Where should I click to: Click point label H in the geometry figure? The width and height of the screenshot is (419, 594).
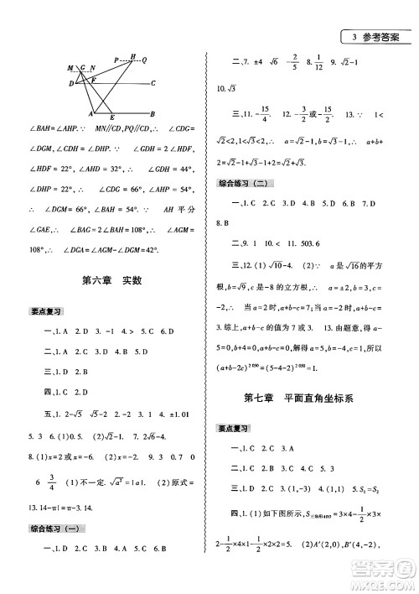(x=133, y=55)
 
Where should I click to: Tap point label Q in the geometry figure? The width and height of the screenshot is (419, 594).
(x=145, y=60)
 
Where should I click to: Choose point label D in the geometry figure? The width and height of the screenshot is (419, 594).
(x=68, y=83)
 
